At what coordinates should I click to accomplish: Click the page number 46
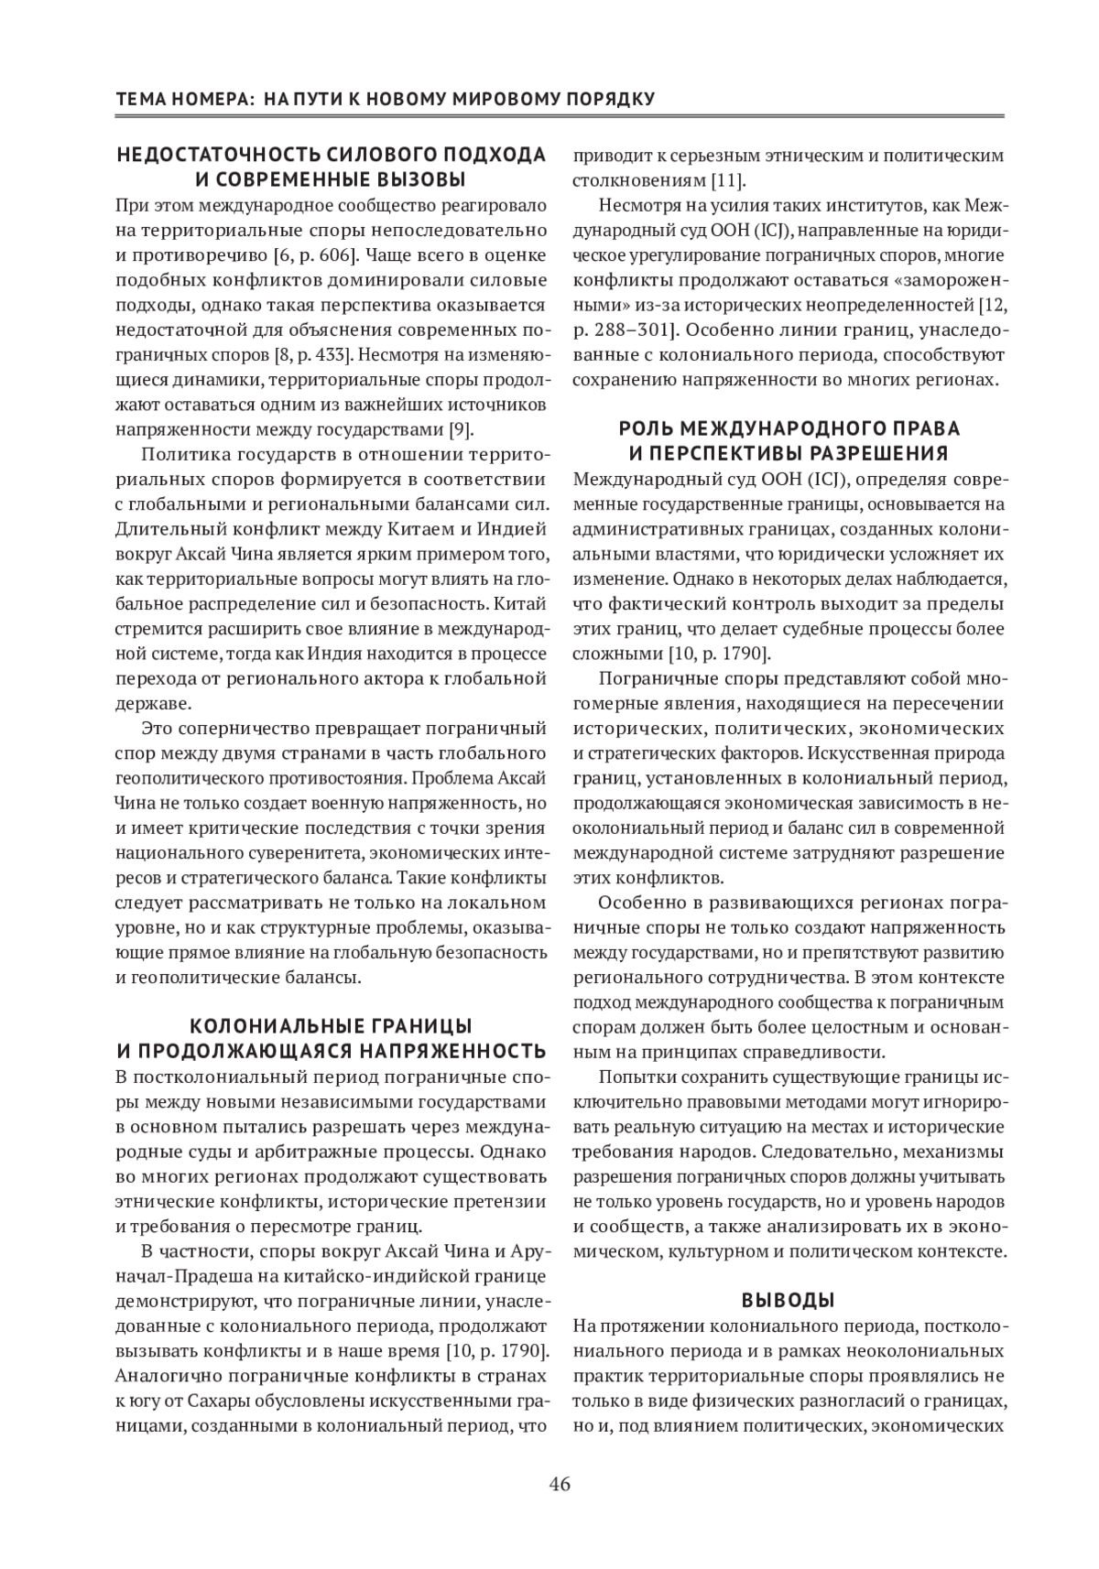point(560,1485)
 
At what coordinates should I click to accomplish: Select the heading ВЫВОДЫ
point(788,1300)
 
